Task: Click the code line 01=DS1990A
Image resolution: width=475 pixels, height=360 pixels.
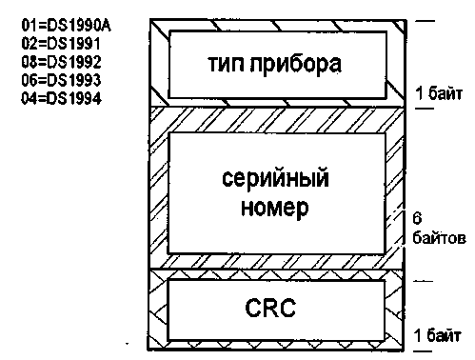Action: point(67,26)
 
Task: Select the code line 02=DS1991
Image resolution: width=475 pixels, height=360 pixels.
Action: point(61,44)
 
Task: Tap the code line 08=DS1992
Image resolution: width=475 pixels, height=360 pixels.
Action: point(61,62)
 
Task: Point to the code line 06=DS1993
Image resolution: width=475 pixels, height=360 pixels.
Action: point(61,80)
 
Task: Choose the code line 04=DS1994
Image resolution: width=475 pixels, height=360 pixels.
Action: point(61,98)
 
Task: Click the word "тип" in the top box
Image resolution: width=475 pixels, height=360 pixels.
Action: point(227,64)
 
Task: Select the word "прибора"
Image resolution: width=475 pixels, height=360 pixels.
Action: point(296,65)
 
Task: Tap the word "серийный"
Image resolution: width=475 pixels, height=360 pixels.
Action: point(275,178)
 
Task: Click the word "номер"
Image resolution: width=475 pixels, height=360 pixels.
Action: point(275,209)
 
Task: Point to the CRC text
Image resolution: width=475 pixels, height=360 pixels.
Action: point(270,308)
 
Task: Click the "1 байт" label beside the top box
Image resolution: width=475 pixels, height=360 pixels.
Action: point(439,93)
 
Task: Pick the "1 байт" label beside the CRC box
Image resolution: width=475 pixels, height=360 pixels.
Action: point(438,335)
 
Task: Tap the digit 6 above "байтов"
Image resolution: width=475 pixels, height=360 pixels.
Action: point(417,218)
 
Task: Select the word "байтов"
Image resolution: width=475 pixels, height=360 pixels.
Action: point(439,237)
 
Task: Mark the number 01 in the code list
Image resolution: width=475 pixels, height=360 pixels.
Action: point(29,26)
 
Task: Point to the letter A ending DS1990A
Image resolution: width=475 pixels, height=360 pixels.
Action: point(107,26)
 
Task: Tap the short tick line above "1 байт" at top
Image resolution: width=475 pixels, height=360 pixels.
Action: point(426,21)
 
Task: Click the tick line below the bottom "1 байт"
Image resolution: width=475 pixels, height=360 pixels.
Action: point(423,351)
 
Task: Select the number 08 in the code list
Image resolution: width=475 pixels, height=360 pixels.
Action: point(29,62)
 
